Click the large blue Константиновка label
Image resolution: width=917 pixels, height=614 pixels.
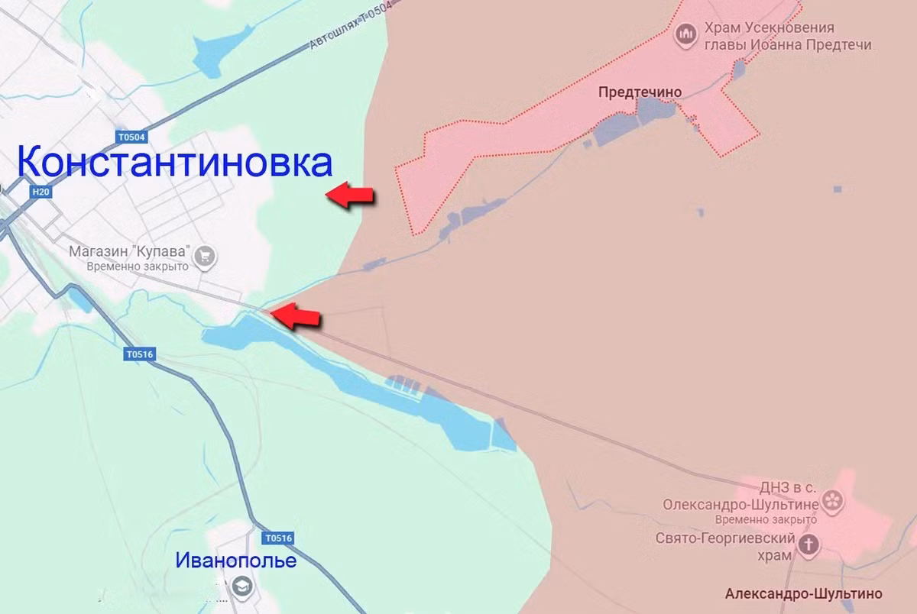click(175, 163)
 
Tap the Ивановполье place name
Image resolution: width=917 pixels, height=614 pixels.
click(236, 561)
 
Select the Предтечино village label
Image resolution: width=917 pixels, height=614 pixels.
click(640, 92)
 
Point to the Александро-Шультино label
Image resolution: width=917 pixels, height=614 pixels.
click(803, 593)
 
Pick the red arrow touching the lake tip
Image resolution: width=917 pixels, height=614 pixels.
click(296, 315)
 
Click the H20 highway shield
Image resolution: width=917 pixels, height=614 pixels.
click(41, 192)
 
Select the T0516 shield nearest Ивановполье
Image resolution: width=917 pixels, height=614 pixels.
click(278, 538)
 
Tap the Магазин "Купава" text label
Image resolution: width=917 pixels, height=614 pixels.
click(130, 251)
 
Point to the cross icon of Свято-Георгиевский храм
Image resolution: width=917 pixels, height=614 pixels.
click(808, 545)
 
